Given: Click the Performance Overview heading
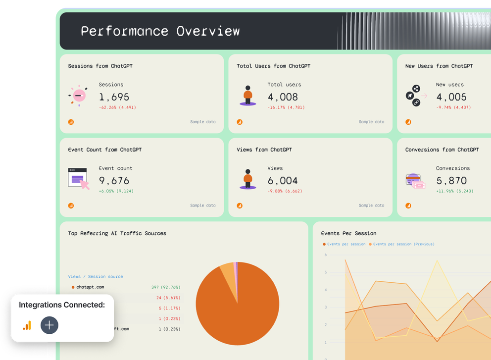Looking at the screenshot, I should coord(160,31).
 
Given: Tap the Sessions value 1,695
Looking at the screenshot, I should coord(114,97).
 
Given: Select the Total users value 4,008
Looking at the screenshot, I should coord(283,97).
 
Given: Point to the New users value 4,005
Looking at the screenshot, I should coord(451,97).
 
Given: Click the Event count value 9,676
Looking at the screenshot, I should coord(114,181).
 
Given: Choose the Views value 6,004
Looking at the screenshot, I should coord(283,181).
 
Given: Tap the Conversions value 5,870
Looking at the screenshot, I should coord(451,181).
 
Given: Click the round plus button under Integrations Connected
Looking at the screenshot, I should coord(49,325).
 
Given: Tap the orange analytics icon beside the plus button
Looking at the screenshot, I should coord(27,325).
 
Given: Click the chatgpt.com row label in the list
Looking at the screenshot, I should coord(90,287).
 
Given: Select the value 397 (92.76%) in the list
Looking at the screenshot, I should coord(166,287).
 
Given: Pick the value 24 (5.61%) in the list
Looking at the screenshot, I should coord(168,298).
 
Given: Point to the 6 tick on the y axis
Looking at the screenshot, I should coord(326,255).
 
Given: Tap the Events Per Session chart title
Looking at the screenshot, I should coord(348,233).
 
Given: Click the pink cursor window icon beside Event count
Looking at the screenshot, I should coord(78,178).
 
